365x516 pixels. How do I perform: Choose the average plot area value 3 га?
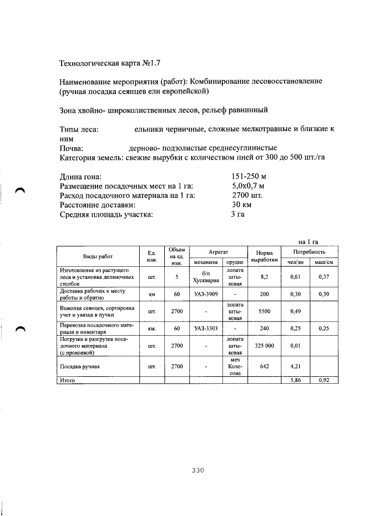coord(238,214)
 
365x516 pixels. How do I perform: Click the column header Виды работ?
coord(98,257)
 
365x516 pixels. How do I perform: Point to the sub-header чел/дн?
coord(295,262)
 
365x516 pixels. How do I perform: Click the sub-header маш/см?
coord(323,262)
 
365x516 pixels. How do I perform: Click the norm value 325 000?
coord(264,345)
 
